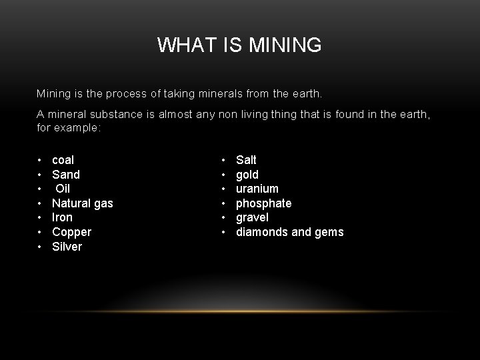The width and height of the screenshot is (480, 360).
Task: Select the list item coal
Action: (63, 160)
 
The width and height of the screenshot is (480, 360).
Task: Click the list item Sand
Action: (65, 175)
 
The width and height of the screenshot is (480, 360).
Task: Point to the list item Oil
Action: (63, 189)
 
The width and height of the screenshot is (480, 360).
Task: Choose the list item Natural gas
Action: (82, 203)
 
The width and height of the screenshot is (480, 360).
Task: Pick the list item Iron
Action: (62, 217)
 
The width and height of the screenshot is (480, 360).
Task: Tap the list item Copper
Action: (71, 232)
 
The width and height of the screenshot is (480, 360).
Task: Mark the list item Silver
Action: (67, 247)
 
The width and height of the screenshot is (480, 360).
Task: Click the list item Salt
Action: (246, 160)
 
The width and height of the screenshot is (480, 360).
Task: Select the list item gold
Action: (247, 175)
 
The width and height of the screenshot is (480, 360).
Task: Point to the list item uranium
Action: (257, 189)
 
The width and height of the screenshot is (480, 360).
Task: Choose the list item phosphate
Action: (263, 203)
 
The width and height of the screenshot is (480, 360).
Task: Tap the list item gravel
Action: (252, 217)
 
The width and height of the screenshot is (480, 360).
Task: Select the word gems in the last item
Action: (329, 232)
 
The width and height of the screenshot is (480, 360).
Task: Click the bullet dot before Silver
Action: (40, 247)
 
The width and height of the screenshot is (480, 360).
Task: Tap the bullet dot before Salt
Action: (224, 160)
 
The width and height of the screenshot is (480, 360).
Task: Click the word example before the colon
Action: (76, 127)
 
